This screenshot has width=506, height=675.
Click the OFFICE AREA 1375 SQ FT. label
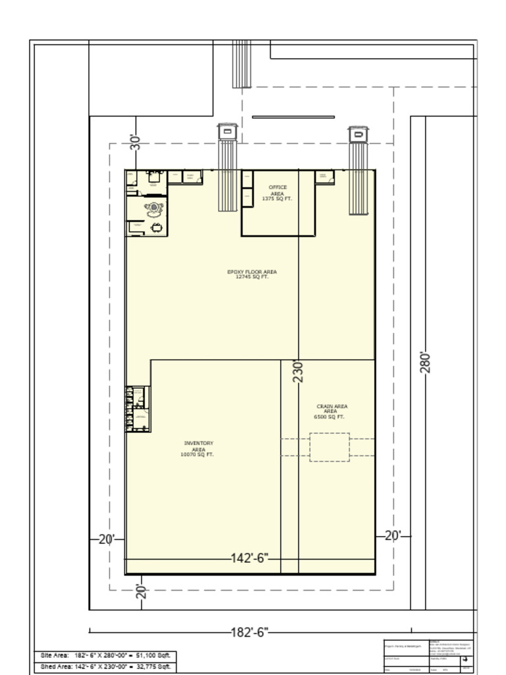pyautogui.click(x=277, y=192)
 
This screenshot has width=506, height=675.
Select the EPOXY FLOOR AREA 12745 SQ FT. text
pyautogui.click(x=252, y=274)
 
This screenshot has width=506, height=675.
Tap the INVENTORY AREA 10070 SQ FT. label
pyautogui.click(x=198, y=449)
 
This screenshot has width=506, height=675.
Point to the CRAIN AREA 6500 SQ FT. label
pyautogui.click(x=331, y=411)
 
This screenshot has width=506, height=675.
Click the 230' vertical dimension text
pyautogui.click(x=298, y=371)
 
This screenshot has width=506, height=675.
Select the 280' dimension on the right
pyautogui.click(x=426, y=362)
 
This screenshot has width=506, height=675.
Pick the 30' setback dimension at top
pyautogui.click(x=136, y=142)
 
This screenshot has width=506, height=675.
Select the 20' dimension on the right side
pyautogui.click(x=393, y=536)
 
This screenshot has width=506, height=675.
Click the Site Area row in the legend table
pyautogui.click(x=105, y=655)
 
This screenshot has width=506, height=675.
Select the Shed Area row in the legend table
pyautogui.click(x=105, y=666)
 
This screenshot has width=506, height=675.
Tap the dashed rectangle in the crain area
pyautogui.click(x=329, y=447)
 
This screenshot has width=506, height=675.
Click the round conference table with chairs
pyautogui.click(x=154, y=208)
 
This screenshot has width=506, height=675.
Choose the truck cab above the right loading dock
pyautogui.click(x=358, y=134)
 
